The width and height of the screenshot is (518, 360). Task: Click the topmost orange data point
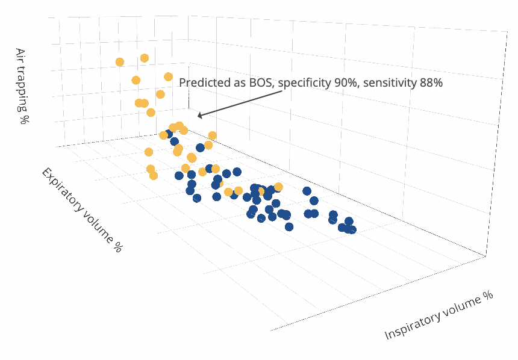(x=145, y=58)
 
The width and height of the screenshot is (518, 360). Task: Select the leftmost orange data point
(x=120, y=62)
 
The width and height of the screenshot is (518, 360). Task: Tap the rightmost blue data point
(x=352, y=229)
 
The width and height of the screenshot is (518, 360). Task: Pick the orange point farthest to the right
(x=278, y=187)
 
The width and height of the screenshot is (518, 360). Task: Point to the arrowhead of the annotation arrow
(x=199, y=116)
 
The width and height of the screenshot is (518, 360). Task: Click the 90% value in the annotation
(x=346, y=83)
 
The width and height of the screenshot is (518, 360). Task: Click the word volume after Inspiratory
(x=461, y=305)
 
